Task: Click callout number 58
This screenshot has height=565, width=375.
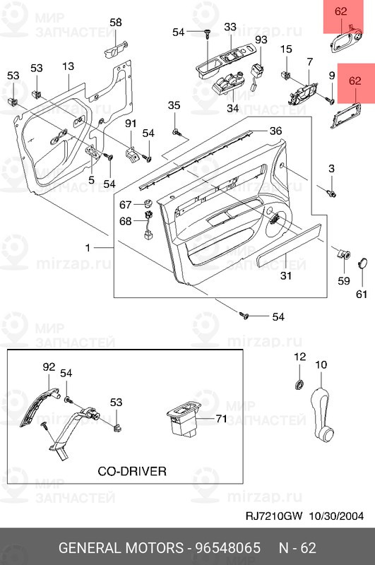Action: tap(116, 23)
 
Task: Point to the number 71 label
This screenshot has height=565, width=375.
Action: tap(221, 419)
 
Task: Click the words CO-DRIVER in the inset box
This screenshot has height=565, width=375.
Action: tap(131, 470)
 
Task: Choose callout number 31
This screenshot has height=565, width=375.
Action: tap(285, 276)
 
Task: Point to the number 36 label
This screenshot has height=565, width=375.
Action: tap(275, 131)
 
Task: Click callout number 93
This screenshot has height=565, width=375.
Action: tap(261, 40)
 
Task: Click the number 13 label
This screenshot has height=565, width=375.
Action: tap(68, 66)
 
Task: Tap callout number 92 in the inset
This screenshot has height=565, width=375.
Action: tap(49, 367)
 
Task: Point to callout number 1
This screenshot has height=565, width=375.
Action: tap(88, 248)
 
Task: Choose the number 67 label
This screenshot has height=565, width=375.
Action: tap(125, 205)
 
